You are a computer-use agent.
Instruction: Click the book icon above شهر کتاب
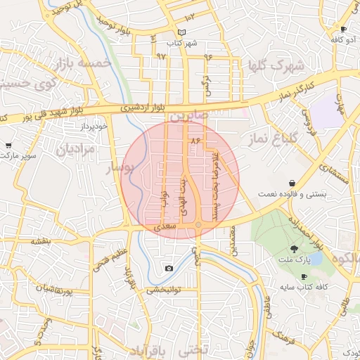click(x=182, y=33)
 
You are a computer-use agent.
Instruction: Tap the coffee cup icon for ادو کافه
click(x=344, y=30)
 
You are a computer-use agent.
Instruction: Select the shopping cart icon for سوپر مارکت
click(x=8, y=145)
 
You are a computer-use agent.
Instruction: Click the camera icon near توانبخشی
click(x=169, y=269)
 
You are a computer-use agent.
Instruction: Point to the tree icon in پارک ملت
click(x=295, y=248)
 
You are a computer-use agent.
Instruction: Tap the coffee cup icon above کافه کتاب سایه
click(x=304, y=276)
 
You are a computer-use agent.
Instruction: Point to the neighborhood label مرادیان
click(x=72, y=148)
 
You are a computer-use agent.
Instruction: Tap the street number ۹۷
click(x=162, y=55)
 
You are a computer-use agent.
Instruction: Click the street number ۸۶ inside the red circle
click(x=195, y=141)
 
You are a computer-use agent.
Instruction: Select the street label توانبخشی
click(x=164, y=289)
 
